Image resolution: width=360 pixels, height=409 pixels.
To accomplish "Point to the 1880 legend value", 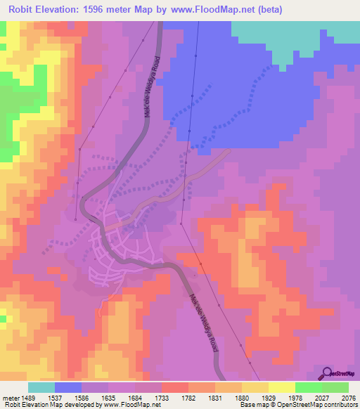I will click(x=243, y=398).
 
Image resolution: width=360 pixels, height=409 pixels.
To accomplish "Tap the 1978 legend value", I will click(x=296, y=398).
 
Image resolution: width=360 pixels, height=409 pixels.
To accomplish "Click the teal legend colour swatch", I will click(x=41, y=387).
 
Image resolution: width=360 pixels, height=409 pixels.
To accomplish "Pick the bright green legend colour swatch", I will click(x=308, y=387).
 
